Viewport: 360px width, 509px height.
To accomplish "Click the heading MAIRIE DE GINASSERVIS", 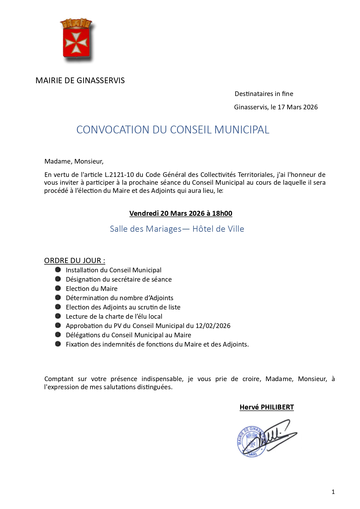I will (x=80, y=80).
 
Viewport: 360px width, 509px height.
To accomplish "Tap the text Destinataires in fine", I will (x=264, y=94).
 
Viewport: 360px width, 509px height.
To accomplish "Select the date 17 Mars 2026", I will (x=298, y=107).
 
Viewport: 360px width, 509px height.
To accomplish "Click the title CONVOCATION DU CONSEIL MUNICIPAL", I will (x=173, y=130).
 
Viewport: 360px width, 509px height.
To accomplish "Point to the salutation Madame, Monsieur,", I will (x=74, y=161).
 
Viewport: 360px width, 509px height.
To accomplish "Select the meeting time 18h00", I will (x=222, y=213).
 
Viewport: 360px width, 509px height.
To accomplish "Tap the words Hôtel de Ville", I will (x=218, y=229).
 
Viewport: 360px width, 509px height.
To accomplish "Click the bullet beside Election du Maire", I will (x=58, y=288).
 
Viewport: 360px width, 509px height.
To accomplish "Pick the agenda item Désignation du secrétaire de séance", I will (x=119, y=279).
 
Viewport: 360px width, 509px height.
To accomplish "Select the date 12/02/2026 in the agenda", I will (x=213, y=326).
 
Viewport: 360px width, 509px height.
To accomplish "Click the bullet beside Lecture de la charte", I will (x=58, y=316).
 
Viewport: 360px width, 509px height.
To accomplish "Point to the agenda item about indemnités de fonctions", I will (x=157, y=344).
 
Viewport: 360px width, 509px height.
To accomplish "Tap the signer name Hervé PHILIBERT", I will (x=267, y=407).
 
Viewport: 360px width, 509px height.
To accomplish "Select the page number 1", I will (x=333, y=492).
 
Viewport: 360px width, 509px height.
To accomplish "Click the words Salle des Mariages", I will (x=146, y=229).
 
